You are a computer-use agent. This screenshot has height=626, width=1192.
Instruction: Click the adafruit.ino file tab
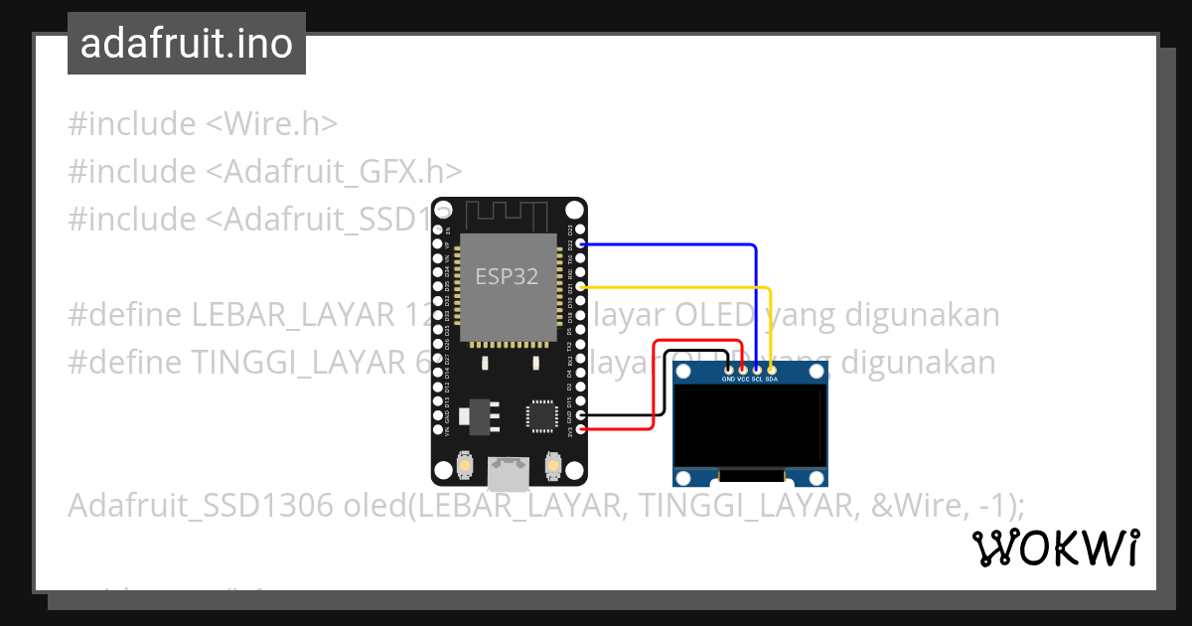(x=187, y=44)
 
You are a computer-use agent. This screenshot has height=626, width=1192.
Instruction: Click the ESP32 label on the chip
(x=507, y=276)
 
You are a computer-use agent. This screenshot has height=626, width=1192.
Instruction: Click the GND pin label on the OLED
(x=728, y=380)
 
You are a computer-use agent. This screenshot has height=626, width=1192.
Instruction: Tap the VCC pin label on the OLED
(x=743, y=380)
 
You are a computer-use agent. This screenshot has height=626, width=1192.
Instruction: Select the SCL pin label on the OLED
(x=757, y=380)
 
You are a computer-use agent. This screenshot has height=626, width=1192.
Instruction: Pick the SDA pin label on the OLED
(x=772, y=380)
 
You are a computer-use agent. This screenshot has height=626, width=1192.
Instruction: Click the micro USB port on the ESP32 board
(x=510, y=473)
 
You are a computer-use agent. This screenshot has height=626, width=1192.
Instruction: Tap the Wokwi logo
(x=1056, y=548)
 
